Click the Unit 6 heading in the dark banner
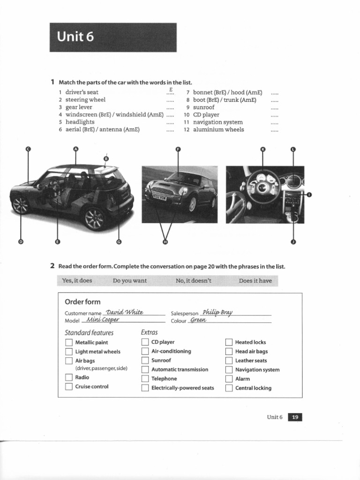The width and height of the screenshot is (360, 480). pos(75,37)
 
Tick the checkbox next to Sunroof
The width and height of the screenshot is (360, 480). pos(145,360)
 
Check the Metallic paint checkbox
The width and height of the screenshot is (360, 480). pos(68,343)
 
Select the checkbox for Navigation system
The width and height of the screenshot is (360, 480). pos(229,370)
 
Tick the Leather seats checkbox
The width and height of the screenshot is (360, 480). pos(229,360)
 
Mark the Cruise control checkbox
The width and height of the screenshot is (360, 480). pos(68,387)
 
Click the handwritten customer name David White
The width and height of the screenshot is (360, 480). pos(124,312)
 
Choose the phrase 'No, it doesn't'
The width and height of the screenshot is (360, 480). pos(194,281)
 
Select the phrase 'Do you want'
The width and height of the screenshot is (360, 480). pos(130,281)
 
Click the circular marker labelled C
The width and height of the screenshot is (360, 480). pos(28,149)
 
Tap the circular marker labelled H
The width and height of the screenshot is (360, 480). pos(165,242)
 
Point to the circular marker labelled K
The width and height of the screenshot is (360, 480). pos(262,149)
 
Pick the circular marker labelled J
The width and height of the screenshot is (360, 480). pos(293,242)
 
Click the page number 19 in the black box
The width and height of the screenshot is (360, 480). pos(295,417)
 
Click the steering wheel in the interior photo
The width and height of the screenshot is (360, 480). pos(262,187)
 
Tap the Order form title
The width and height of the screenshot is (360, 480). pos(82,301)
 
